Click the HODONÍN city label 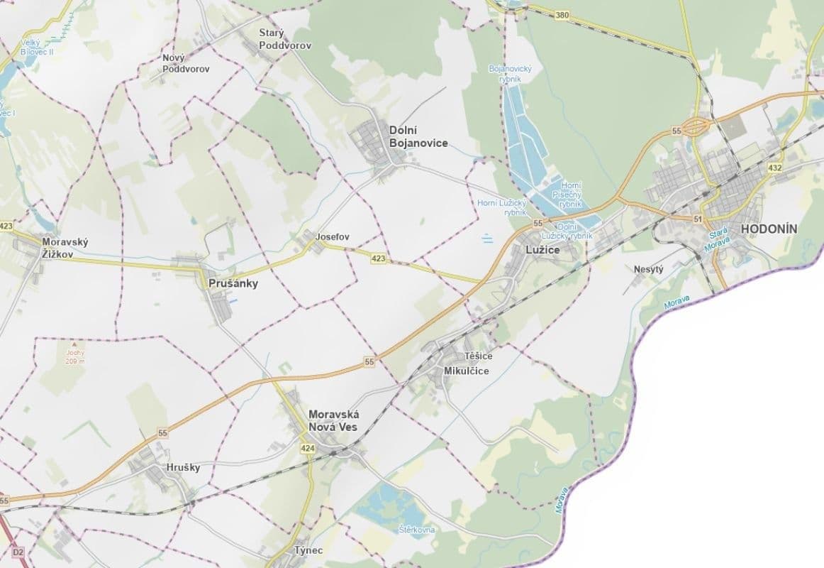tap(769, 229)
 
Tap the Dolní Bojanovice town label tap(418, 137)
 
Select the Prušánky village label tap(233, 283)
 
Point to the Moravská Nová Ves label tap(334, 420)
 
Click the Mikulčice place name tap(466, 371)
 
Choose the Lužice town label tap(542, 250)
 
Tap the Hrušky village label tap(183, 467)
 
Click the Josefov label tap(333, 236)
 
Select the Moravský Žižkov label tap(65, 248)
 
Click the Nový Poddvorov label tap(186, 63)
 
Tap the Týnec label tap(308, 551)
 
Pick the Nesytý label tap(648, 270)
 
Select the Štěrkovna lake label tap(417, 530)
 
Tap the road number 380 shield tap(562, 15)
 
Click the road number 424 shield tap(307, 449)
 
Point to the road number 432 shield tap(774, 168)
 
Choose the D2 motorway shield tap(18, 552)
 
